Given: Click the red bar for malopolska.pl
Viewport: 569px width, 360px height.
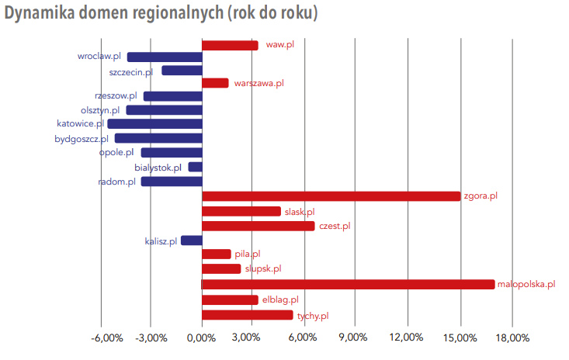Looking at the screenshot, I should [x=348, y=284].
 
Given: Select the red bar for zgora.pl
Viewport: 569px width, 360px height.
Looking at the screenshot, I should [x=331, y=196].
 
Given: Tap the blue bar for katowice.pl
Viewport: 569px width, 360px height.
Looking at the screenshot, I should [x=154, y=123].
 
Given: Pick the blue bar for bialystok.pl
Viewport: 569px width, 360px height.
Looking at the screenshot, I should [x=195, y=167].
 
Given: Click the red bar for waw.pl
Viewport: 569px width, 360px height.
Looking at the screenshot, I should [x=230, y=45].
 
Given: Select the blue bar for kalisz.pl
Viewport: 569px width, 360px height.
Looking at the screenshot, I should [x=191, y=241].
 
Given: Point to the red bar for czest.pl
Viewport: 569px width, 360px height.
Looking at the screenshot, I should [x=258, y=226].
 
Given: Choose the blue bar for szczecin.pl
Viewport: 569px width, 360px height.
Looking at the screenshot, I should [x=182, y=71].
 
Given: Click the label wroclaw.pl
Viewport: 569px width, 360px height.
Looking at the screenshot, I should [x=99, y=56].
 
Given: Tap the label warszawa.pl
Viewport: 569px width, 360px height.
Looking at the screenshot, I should [x=258, y=82].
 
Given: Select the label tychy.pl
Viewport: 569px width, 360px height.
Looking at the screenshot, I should [x=313, y=315].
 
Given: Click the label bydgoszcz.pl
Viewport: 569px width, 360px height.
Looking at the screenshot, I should [x=82, y=139].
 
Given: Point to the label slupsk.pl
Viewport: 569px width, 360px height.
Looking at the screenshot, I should [x=263, y=268].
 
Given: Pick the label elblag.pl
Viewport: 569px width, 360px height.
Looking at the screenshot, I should [x=280, y=299].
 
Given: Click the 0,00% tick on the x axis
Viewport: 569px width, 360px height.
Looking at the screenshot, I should [x=202, y=337].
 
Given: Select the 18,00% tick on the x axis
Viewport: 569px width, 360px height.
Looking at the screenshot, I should [x=511, y=337].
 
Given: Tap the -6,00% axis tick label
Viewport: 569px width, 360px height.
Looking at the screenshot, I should [x=106, y=337].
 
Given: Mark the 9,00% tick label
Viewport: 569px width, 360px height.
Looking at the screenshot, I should [x=354, y=337].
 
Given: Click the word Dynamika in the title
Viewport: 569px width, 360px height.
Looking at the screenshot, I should [x=40, y=15].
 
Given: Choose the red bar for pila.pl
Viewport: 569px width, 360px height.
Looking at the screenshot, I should [x=217, y=254].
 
